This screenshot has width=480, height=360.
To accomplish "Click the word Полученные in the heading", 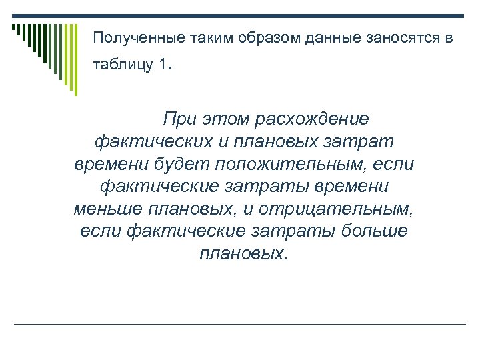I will pyautogui.click(x=132, y=39).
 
